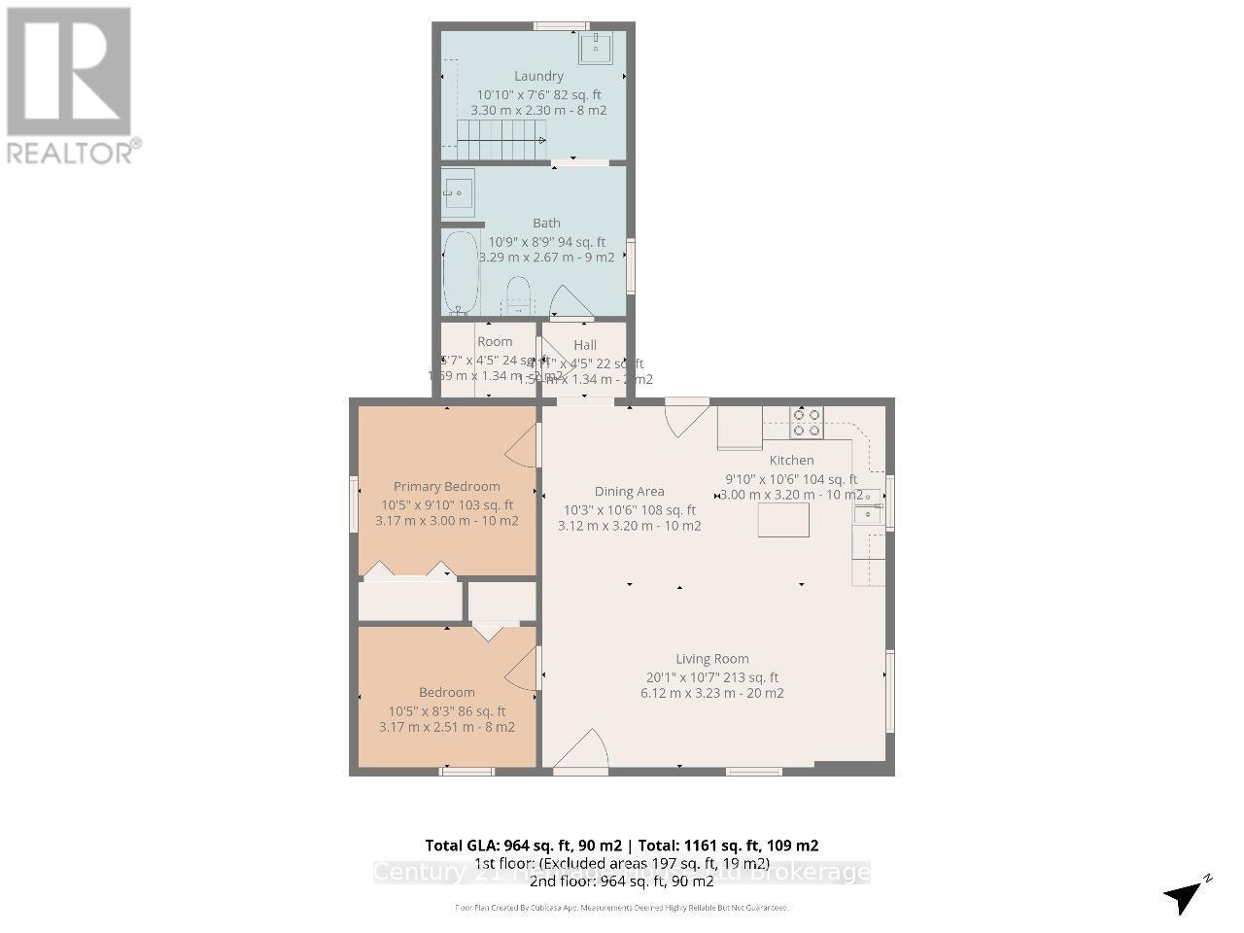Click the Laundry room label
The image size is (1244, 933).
tap(538, 76)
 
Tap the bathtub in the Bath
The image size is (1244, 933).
tap(461, 273)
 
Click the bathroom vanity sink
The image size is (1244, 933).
tap(458, 190)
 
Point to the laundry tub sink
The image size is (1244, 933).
tap(595, 47)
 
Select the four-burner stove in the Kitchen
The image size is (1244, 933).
tap(807, 421)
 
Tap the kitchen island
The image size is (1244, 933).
tap(783, 520)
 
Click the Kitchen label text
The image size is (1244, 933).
tap(791, 460)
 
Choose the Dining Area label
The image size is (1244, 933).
tap(629, 492)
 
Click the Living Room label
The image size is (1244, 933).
tap(712, 658)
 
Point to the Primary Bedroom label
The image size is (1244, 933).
tap(446, 486)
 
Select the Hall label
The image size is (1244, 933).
tap(585, 345)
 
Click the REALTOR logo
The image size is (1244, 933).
tap(70, 86)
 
